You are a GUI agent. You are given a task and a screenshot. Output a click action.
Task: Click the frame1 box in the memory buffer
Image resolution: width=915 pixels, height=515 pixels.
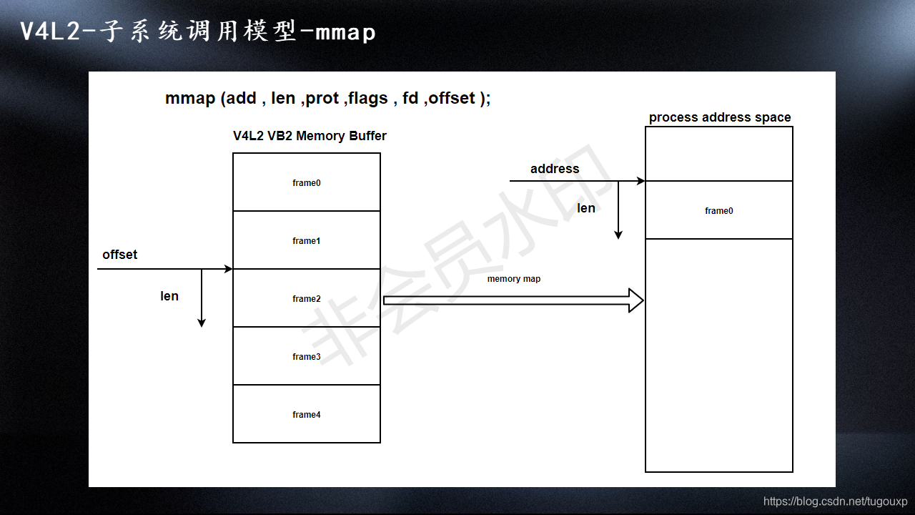(x=306, y=240)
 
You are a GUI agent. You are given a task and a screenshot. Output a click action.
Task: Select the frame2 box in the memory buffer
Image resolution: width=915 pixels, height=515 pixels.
(x=306, y=298)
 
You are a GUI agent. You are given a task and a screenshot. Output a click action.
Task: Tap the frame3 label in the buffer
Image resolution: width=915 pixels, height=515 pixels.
(x=306, y=357)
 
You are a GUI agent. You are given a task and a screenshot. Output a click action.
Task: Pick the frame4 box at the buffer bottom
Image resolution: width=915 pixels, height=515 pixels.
(x=306, y=414)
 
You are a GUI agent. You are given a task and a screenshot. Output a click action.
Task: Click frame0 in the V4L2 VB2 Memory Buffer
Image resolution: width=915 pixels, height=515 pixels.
(x=306, y=182)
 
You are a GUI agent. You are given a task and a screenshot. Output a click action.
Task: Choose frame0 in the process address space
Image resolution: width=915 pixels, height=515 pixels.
(x=718, y=210)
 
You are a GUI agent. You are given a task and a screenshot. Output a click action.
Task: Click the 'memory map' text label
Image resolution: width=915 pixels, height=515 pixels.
(x=513, y=279)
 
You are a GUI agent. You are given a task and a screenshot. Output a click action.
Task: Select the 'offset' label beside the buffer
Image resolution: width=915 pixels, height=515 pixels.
(x=119, y=255)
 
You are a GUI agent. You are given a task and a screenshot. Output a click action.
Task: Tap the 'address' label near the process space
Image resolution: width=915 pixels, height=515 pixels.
(x=554, y=169)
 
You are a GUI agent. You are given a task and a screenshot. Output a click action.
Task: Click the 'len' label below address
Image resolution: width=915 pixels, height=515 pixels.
(x=585, y=208)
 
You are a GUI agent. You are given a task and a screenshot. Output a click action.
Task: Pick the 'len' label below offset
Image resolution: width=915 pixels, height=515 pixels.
(x=169, y=296)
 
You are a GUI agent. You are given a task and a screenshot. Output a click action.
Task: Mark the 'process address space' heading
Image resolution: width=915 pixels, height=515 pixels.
(x=719, y=117)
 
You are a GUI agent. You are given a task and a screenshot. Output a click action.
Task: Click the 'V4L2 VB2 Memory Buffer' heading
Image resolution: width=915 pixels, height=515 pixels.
(x=310, y=136)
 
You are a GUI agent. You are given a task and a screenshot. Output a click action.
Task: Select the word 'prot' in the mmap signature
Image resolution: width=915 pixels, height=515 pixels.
(x=322, y=99)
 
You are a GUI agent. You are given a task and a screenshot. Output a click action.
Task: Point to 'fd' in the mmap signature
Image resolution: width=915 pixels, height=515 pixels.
(x=410, y=99)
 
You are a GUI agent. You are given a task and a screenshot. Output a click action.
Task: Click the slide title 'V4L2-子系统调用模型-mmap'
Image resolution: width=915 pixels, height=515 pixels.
(x=197, y=32)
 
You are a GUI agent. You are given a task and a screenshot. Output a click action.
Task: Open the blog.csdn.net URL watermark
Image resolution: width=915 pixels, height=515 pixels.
(x=835, y=501)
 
